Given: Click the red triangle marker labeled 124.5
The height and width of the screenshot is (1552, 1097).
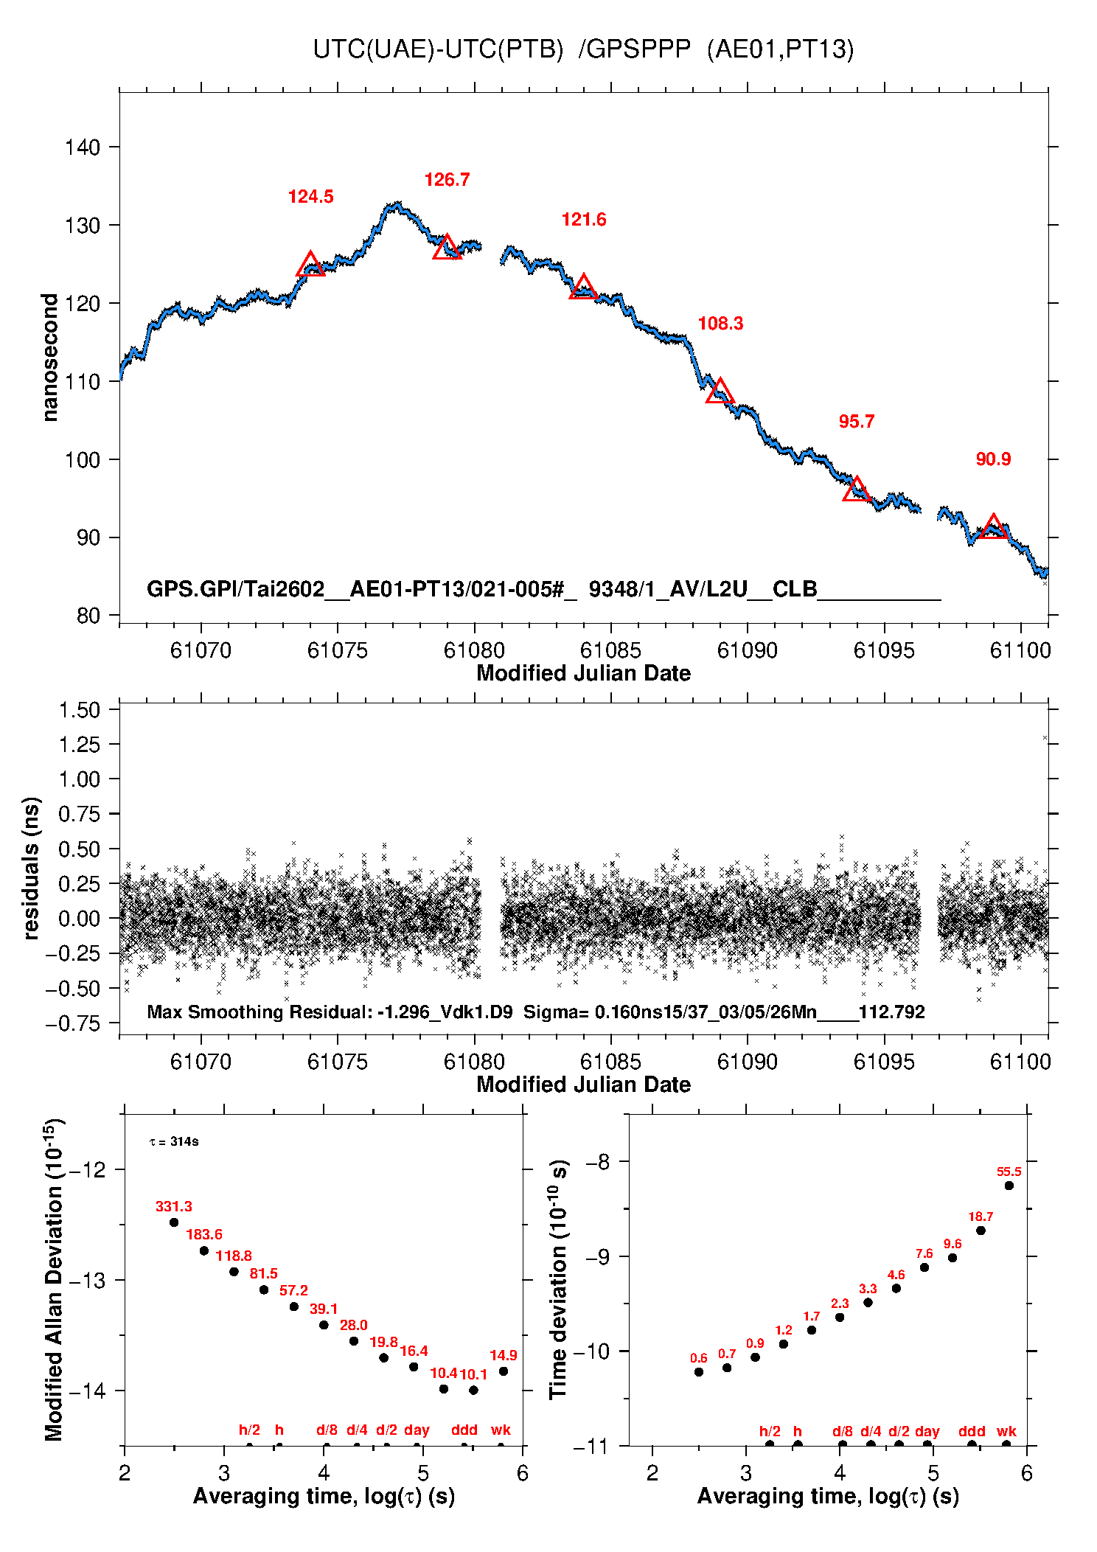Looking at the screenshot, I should pyautogui.click(x=310, y=265).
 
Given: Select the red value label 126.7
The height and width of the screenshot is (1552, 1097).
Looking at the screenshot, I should pyautogui.click(x=447, y=180).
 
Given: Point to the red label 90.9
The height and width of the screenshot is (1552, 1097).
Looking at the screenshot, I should pyautogui.click(x=993, y=459).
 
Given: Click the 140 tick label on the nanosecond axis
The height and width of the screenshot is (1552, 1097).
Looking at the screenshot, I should pyautogui.click(x=82, y=147).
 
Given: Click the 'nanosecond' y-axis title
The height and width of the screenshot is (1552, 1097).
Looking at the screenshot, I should pyautogui.click(x=49, y=358).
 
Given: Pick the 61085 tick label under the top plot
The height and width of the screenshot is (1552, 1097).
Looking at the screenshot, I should pyautogui.click(x=610, y=650).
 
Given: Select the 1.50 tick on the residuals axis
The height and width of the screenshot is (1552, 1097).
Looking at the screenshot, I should pyautogui.click(x=79, y=710).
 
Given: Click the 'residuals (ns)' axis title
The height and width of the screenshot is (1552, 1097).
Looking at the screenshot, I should pyautogui.click(x=30, y=869).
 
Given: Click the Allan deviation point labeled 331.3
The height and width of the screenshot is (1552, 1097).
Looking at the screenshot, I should pyautogui.click(x=174, y=1222).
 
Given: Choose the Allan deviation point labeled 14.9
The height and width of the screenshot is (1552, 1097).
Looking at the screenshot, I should pyautogui.click(x=504, y=1371).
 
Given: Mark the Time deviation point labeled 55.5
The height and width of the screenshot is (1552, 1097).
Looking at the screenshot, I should pyautogui.click(x=1009, y=1186).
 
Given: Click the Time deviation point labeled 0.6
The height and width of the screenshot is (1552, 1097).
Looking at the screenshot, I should pyautogui.click(x=699, y=1372).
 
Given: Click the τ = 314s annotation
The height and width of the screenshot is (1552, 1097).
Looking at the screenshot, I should pyautogui.click(x=174, y=1142).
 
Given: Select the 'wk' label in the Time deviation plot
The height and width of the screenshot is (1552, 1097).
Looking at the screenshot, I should pyautogui.click(x=1006, y=1431).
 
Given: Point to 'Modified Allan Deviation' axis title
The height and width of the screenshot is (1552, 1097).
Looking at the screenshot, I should pyautogui.click(x=53, y=1280).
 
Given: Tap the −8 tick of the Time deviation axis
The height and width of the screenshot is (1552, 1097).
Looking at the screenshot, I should pyautogui.click(x=597, y=1163).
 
